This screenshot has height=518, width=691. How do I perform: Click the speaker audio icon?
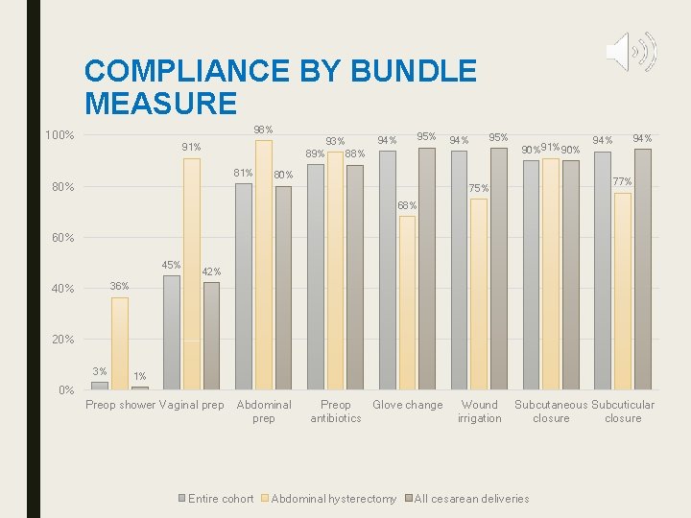pos(631,52)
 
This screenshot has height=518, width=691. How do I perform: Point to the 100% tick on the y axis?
pos(60,135)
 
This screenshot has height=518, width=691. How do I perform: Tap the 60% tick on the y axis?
pos(62,238)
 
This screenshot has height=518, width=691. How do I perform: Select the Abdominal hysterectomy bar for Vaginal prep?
pos(192,273)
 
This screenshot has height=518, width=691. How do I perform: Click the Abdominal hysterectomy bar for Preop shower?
pos(119,342)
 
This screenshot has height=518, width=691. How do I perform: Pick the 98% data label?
pos(263,129)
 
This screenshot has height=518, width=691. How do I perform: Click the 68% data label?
pos(407,205)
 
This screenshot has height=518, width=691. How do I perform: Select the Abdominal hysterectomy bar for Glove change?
pos(407,302)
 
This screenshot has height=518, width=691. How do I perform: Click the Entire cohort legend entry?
pos(220,498)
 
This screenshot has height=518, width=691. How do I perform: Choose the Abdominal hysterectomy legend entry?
pos(332,498)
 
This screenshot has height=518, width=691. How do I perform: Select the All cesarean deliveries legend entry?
pos(470,498)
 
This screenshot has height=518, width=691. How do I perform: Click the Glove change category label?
pos(407,405)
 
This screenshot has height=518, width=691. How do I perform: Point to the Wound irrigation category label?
pos(479,412)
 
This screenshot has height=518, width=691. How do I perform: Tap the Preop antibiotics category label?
pos(335,412)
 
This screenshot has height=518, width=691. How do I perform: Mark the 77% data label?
pos(622,182)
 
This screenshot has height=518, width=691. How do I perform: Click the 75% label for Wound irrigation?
pos(479,188)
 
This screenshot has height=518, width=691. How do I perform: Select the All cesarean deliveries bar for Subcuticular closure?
pos(642,269)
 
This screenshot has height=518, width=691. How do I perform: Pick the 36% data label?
pos(119,287)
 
